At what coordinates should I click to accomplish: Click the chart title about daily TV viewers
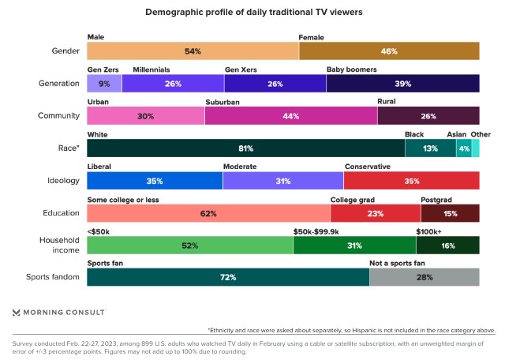[x=260, y=13]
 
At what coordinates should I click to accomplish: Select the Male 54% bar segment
[x=193, y=51]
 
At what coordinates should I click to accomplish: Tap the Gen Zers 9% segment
[x=104, y=84]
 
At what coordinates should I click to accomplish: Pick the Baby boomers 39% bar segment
[x=402, y=84]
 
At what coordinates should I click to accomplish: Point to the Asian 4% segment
[x=464, y=148]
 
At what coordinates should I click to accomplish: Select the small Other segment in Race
[x=475, y=148]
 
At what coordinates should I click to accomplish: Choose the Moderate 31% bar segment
[x=283, y=181]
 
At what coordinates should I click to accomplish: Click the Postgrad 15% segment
[x=450, y=213]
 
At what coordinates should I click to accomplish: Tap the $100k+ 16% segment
[x=447, y=246]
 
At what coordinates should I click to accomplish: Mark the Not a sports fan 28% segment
[x=424, y=278]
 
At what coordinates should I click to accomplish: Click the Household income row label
[x=60, y=245]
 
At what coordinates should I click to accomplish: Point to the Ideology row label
[x=62, y=181]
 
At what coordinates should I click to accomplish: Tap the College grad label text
[x=352, y=199]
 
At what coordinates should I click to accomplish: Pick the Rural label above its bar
[x=387, y=102]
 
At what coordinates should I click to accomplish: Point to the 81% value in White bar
[x=245, y=148]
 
